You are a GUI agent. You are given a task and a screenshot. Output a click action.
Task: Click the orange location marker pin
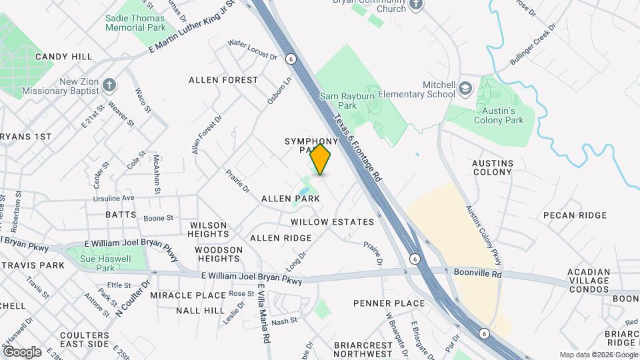coord(321,159)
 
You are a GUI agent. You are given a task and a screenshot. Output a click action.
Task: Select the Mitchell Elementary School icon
coord(465,87)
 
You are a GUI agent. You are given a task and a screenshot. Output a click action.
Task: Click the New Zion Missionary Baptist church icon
coord(109,85)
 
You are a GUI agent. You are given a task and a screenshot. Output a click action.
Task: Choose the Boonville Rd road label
coord(477,273)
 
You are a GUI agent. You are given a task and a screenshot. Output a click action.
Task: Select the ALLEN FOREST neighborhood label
coord(223,80)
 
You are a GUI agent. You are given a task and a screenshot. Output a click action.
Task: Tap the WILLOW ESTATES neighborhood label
coord(333,221)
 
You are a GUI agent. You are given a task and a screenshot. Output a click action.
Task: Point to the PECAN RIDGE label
coord(575,215)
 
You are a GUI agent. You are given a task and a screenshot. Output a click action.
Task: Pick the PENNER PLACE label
coord(389,303)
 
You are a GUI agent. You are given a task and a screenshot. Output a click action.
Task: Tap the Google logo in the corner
coord(21,351)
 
